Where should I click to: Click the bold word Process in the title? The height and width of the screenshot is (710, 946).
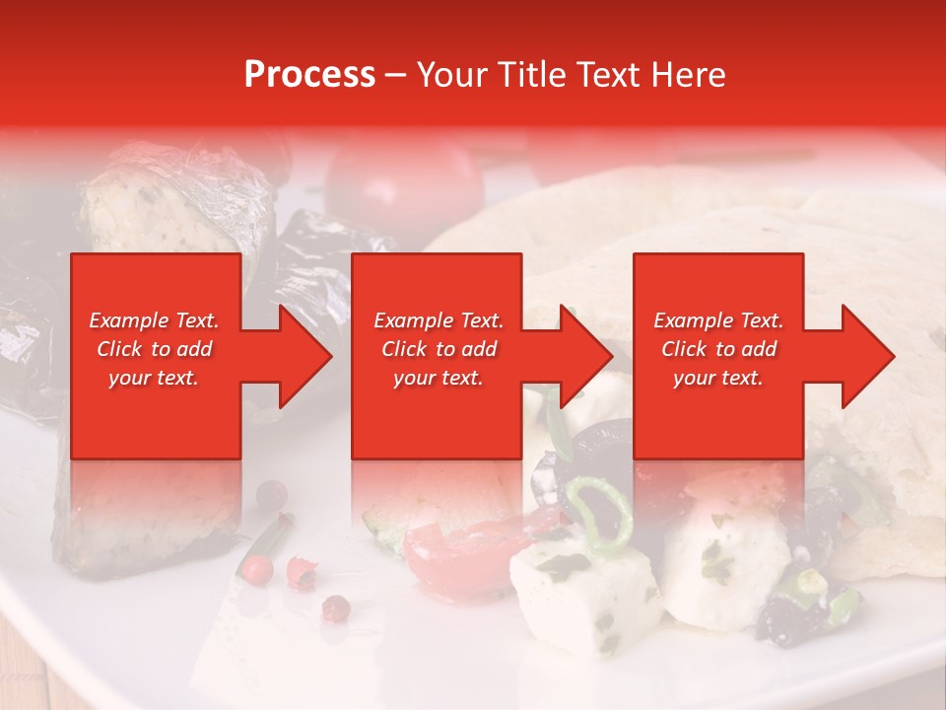(x=309, y=75)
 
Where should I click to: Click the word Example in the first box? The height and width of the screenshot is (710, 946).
(x=128, y=320)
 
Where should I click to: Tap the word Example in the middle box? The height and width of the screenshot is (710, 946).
(x=413, y=320)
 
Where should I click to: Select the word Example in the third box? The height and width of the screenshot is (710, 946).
(x=693, y=320)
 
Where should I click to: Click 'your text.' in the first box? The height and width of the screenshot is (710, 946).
(x=154, y=378)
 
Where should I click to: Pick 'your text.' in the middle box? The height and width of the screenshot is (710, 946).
(x=439, y=378)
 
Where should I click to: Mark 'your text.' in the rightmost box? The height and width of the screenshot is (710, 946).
(x=718, y=378)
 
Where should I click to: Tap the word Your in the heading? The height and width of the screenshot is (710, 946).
(x=449, y=75)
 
